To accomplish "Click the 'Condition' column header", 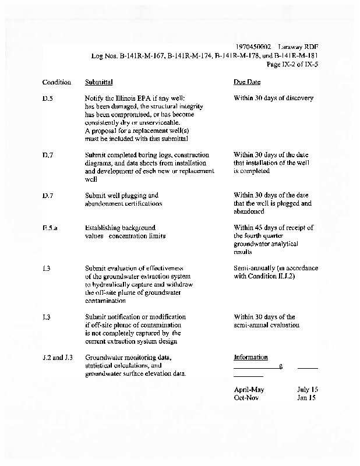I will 57,82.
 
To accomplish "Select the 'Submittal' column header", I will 98,82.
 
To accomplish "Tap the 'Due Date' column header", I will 247,82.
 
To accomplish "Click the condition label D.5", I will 48,98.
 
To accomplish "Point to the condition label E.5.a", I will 50,228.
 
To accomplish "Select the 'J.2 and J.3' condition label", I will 59,358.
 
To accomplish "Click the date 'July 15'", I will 308,389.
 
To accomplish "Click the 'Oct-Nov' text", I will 246,398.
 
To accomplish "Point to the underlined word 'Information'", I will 250,358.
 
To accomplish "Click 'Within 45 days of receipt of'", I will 273,228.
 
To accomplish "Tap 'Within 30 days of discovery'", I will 273,98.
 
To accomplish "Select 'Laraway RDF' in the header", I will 299,47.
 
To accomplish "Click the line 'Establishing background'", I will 120,228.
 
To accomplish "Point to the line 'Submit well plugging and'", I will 121,195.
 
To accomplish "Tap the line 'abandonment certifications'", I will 123,204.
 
